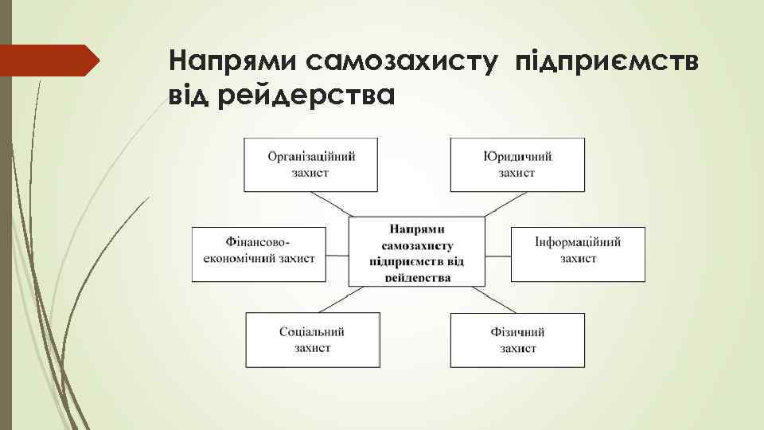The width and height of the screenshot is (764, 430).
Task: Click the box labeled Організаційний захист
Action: (311, 164)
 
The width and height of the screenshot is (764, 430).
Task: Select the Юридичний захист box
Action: (517, 164)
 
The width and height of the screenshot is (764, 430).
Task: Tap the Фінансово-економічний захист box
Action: (259, 254)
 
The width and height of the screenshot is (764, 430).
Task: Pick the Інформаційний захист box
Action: (578, 254)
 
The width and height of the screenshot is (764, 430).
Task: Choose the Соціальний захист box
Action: (312, 340)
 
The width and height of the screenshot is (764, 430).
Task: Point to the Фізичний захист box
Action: (517, 340)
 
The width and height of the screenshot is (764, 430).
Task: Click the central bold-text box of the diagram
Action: (417, 250)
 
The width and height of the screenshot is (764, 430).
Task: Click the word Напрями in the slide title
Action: (233, 61)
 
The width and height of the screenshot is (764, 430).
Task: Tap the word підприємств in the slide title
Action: (608, 61)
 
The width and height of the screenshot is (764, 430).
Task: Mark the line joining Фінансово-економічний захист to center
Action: (337, 256)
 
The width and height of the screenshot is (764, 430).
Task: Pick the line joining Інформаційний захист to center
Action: (497, 256)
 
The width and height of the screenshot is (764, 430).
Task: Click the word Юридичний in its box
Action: (517, 156)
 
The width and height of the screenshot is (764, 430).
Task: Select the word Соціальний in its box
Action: (312, 332)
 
